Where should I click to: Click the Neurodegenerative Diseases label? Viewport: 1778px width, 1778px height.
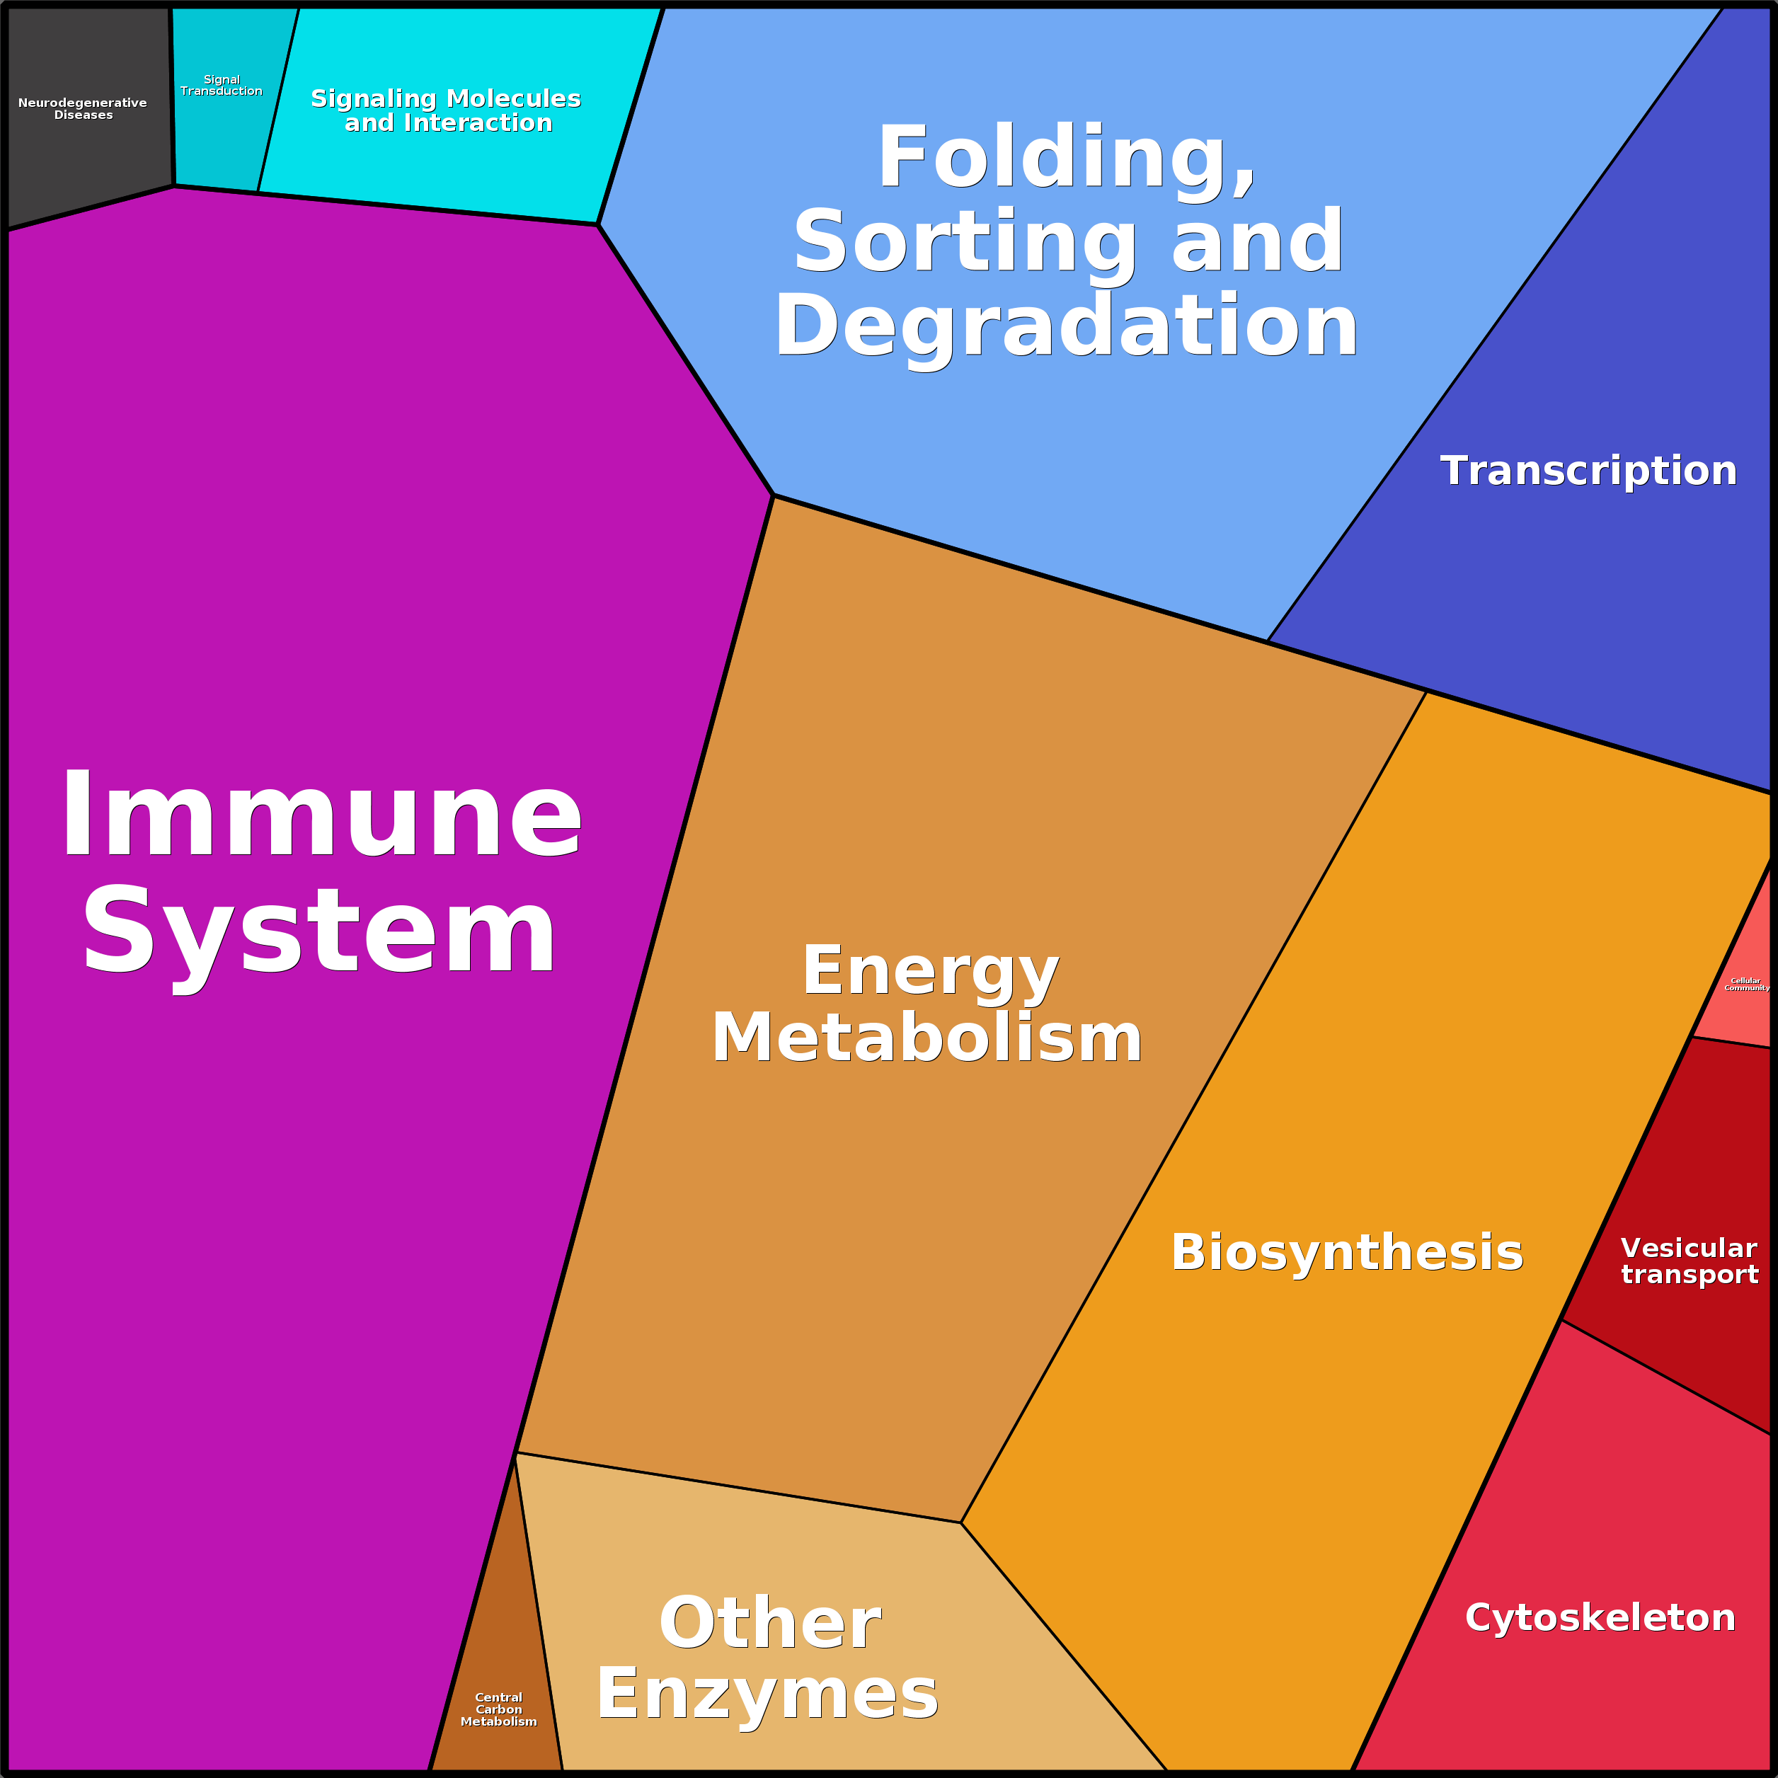83,108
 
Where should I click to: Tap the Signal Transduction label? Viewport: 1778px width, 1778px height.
222,86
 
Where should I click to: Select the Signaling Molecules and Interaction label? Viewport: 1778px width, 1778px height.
447,110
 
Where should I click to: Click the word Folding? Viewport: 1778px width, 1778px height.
1067,159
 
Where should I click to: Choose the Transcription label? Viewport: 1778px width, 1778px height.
1588,471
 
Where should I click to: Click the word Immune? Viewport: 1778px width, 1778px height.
321,815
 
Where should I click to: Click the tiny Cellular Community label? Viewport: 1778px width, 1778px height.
1745,985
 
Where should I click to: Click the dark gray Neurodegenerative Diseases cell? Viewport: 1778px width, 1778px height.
88,115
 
